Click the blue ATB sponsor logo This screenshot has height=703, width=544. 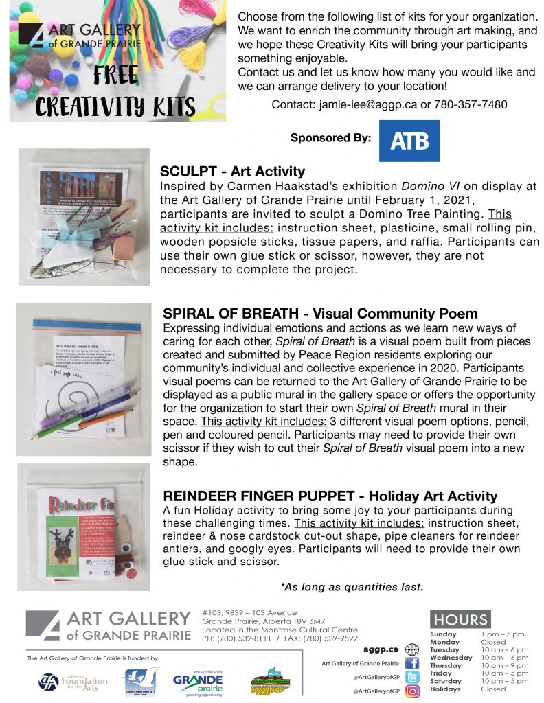pos(409,141)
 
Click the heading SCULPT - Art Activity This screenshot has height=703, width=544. pos(232,172)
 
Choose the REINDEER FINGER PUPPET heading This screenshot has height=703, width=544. pos(330,496)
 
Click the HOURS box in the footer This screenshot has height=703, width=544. pos(460,619)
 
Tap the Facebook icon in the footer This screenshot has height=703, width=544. pos(412,663)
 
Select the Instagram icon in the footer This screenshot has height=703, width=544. pos(412,691)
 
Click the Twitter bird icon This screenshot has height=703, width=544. pos(412,677)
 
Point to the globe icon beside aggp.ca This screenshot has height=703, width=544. pos(412,649)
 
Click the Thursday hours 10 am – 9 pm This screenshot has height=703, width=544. pos(505,665)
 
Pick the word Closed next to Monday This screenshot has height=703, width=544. pos(493,642)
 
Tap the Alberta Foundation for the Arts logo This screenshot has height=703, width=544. pos(73,680)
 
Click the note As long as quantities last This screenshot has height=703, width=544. pos(352,587)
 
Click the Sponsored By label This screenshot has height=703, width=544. pos(330,138)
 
